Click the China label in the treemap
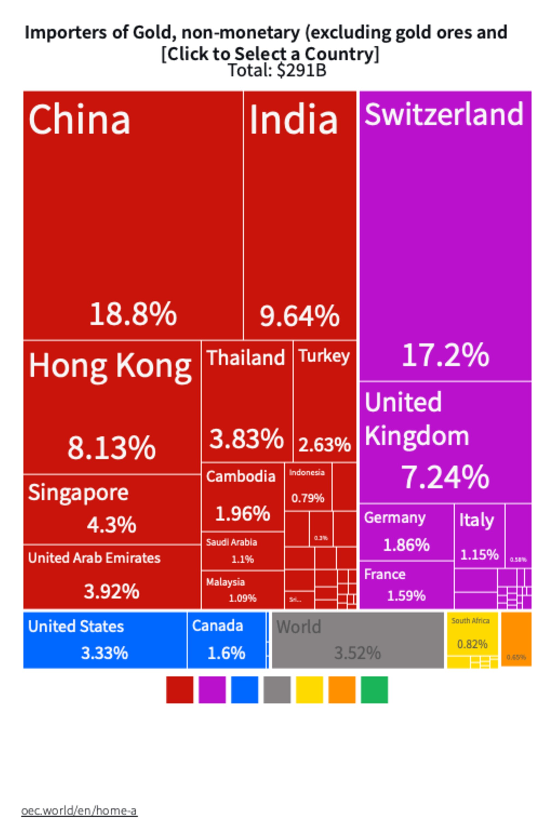tap(79, 120)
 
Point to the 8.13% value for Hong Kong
tap(112, 447)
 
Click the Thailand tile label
tap(246, 358)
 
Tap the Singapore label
tap(78, 493)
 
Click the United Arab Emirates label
tap(94, 558)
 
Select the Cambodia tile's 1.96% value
tap(243, 514)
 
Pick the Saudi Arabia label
tap(231, 542)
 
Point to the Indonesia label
tap(307, 473)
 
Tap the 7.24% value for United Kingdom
tap(445, 477)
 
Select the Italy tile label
tap(476, 520)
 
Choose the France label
tap(385, 574)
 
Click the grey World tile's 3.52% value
tap(358, 653)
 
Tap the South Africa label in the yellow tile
tap(470, 621)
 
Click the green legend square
tap(374, 690)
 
